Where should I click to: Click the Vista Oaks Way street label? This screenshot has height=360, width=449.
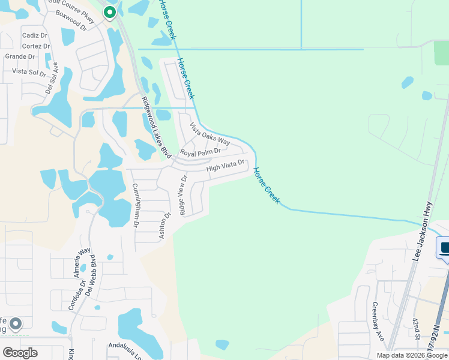click(210, 134)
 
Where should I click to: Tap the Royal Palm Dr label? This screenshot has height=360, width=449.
click(200, 152)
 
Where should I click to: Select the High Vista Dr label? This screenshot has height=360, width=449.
click(226, 166)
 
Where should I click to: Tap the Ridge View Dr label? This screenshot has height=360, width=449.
click(182, 196)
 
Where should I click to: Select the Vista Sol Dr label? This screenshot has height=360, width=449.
click(29, 72)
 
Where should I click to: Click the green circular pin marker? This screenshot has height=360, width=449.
click(110, 12)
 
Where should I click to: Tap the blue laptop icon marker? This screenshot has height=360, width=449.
click(444, 248)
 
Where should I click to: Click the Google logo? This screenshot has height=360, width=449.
click(19, 352)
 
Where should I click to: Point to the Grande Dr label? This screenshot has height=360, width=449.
click(19, 56)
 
